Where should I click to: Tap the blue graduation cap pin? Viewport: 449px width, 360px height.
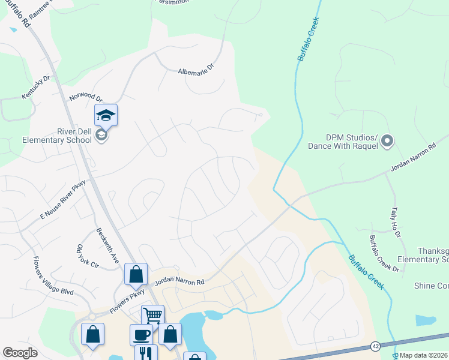click(106, 115)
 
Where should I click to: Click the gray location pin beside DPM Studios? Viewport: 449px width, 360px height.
click(387, 142)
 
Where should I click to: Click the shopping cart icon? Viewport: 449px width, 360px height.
click(152, 314)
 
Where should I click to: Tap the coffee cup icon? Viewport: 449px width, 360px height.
click(141, 334)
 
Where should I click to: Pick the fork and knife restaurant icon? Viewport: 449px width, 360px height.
click(146, 353)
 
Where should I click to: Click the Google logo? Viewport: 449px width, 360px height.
click(20, 353)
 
